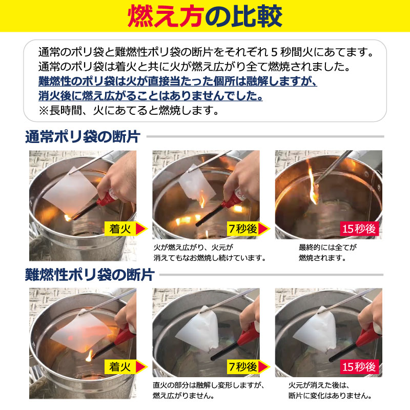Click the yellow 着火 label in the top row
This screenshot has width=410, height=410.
(119, 229)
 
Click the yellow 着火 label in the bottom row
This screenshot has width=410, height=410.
(119, 366)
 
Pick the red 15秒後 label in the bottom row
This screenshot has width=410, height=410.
(359, 366)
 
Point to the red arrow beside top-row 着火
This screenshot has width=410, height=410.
(141, 229)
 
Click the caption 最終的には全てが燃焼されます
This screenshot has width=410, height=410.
(328, 252)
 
